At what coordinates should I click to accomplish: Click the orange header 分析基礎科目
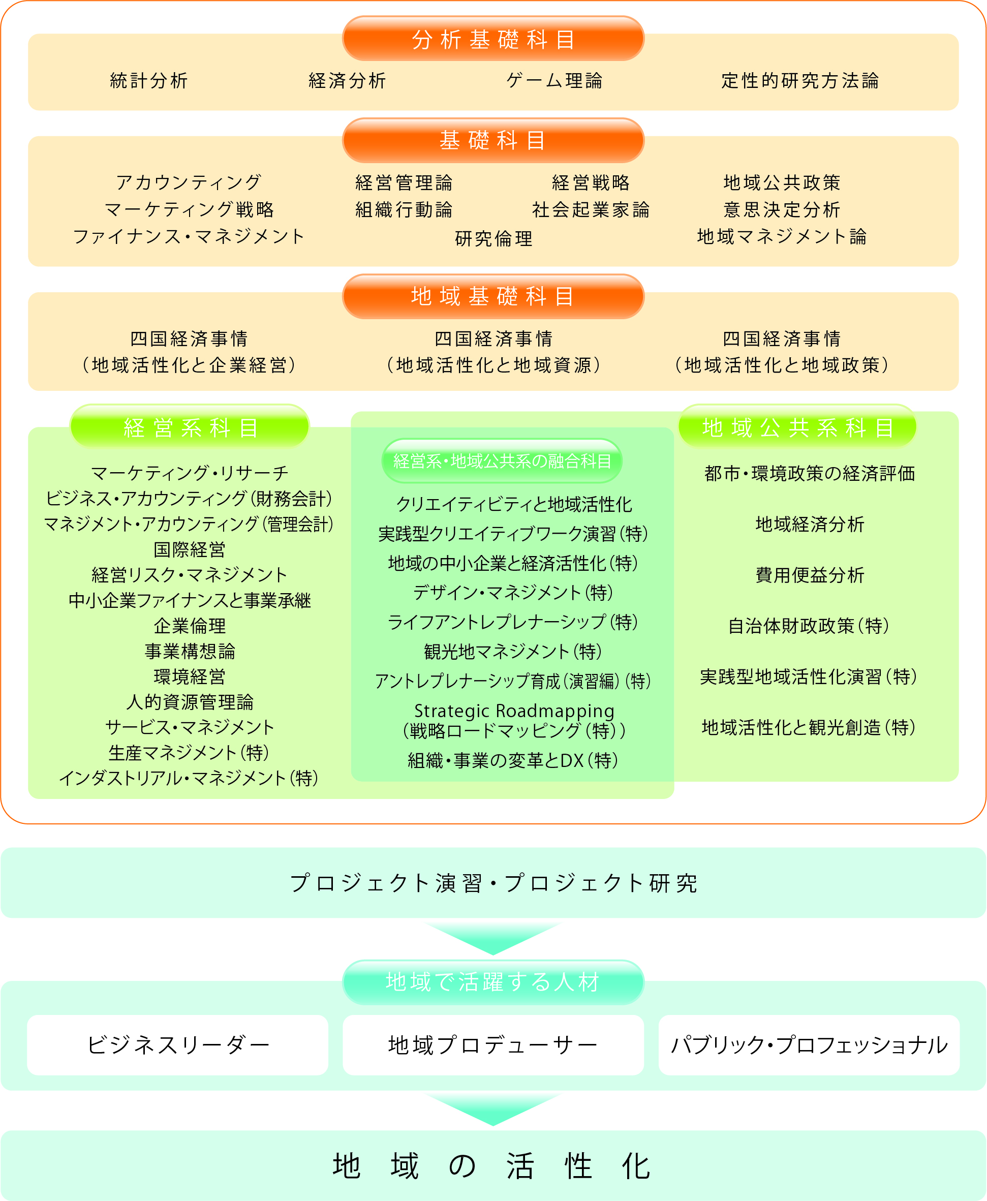click(x=493, y=39)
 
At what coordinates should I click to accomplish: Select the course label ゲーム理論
click(x=554, y=81)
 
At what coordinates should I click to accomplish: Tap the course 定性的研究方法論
click(x=800, y=81)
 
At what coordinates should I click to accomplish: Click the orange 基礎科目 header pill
click(x=493, y=140)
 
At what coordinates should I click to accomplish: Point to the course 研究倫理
click(x=494, y=238)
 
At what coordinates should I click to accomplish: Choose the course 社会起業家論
click(x=591, y=210)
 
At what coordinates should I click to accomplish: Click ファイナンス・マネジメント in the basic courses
click(x=189, y=236)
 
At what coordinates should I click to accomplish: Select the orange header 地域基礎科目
click(x=493, y=296)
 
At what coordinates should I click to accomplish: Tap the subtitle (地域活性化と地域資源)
click(x=494, y=365)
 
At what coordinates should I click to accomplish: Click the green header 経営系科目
click(x=190, y=427)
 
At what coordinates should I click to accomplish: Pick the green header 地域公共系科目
click(x=797, y=427)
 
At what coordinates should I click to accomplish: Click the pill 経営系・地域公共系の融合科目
click(x=502, y=460)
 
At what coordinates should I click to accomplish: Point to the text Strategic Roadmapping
click(x=514, y=711)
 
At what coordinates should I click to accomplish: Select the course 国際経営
click(x=190, y=549)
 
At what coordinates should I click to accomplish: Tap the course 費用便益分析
click(x=810, y=575)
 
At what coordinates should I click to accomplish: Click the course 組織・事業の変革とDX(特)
click(x=513, y=760)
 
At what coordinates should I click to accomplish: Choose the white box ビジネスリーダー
click(x=177, y=1045)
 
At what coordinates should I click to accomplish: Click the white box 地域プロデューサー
click(x=493, y=1045)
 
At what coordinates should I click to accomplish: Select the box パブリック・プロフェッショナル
click(x=809, y=1045)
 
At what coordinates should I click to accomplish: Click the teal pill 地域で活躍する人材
click(x=493, y=982)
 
